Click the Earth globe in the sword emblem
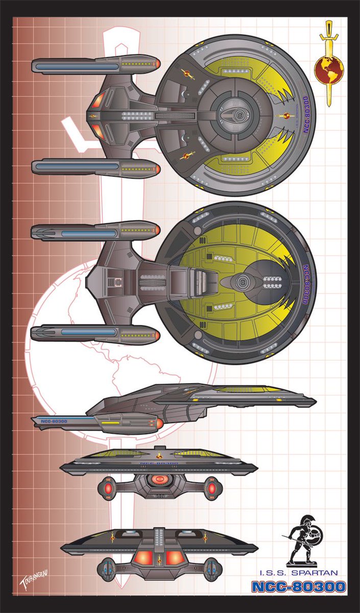[x=328, y=69]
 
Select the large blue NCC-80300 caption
[x=298, y=587]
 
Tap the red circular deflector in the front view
[x=160, y=480]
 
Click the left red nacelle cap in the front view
[x=109, y=488]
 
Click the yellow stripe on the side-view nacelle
[x=110, y=423]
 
